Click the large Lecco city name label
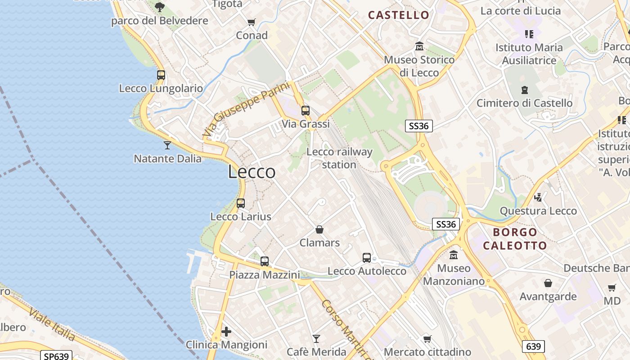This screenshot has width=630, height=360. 252,172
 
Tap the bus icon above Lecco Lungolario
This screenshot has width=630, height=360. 161,75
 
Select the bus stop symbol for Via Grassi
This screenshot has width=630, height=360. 306,110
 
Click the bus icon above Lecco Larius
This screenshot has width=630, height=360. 241,203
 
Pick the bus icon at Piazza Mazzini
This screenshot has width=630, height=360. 265,261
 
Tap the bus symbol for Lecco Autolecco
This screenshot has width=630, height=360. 367,258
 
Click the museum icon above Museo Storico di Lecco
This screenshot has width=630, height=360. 419,46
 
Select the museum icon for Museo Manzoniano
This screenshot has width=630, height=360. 454,255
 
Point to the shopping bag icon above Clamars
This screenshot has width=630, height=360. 319,230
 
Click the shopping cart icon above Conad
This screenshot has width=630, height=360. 252,22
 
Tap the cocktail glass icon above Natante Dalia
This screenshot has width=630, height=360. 167,145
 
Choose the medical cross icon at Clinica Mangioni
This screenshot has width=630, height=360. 226,332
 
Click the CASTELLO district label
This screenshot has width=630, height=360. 399,15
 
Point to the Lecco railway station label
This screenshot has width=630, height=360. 339,158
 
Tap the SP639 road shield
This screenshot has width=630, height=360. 57,356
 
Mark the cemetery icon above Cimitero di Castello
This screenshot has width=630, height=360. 525,90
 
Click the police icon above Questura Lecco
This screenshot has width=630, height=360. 538,197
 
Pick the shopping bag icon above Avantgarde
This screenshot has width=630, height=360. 548,283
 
